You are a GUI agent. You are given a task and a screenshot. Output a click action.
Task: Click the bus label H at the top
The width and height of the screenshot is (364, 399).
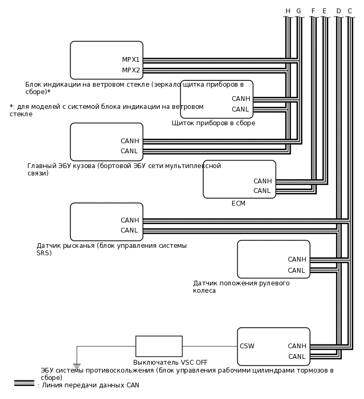(x=288, y=11)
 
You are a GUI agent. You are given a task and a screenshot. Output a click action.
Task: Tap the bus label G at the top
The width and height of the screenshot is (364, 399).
(x=298, y=11)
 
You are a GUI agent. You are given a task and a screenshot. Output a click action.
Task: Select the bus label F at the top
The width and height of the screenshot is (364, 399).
(x=313, y=11)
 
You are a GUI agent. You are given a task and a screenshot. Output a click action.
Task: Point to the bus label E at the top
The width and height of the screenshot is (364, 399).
(x=324, y=11)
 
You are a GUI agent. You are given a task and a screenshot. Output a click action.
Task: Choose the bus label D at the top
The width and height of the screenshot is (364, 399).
(x=339, y=11)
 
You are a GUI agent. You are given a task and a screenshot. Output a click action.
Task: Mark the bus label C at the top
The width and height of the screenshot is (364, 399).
(x=350, y=11)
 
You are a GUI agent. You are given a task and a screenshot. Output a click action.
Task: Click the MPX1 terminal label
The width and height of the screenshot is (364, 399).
(x=131, y=60)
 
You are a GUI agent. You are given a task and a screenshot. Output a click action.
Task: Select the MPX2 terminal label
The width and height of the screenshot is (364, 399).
(x=131, y=70)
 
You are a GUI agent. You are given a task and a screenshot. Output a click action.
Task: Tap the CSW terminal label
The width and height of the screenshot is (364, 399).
(x=247, y=347)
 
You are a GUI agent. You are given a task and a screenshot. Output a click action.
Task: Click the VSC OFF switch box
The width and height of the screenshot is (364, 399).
(x=159, y=346)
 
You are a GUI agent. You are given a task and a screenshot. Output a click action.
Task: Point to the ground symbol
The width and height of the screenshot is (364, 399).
(x=77, y=365)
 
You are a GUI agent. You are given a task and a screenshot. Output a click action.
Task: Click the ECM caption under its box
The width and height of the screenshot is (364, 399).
(x=239, y=203)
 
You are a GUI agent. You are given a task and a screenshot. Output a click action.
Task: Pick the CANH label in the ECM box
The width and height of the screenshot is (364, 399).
(x=262, y=181)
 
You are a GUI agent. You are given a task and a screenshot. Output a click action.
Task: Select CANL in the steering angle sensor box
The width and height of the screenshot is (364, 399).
(x=296, y=271)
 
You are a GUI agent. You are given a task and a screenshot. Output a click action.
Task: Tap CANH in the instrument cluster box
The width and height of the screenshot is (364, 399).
(x=241, y=99)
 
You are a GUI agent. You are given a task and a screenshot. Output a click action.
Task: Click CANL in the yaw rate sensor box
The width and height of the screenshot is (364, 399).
(x=129, y=230)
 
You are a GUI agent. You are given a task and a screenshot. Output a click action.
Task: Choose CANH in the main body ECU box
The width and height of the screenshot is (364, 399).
(x=130, y=141)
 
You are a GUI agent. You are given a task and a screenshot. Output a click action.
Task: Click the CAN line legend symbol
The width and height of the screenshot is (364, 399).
(x=24, y=383)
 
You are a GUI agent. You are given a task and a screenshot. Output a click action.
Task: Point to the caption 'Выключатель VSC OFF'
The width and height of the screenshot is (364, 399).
(x=170, y=363)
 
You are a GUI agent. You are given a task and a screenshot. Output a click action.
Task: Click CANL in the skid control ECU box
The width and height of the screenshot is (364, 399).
(x=297, y=357)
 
